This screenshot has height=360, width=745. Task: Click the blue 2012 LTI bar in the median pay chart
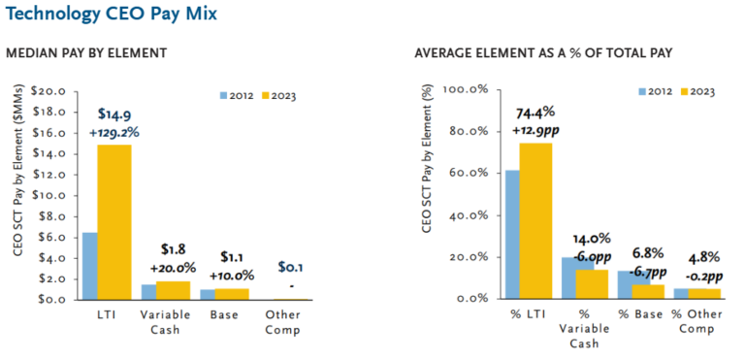point(89,266)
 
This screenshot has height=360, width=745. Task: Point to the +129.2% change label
point(113,132)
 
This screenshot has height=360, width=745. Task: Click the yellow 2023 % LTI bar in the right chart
point(535,220)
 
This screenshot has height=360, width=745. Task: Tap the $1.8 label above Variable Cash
point(172,249)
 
